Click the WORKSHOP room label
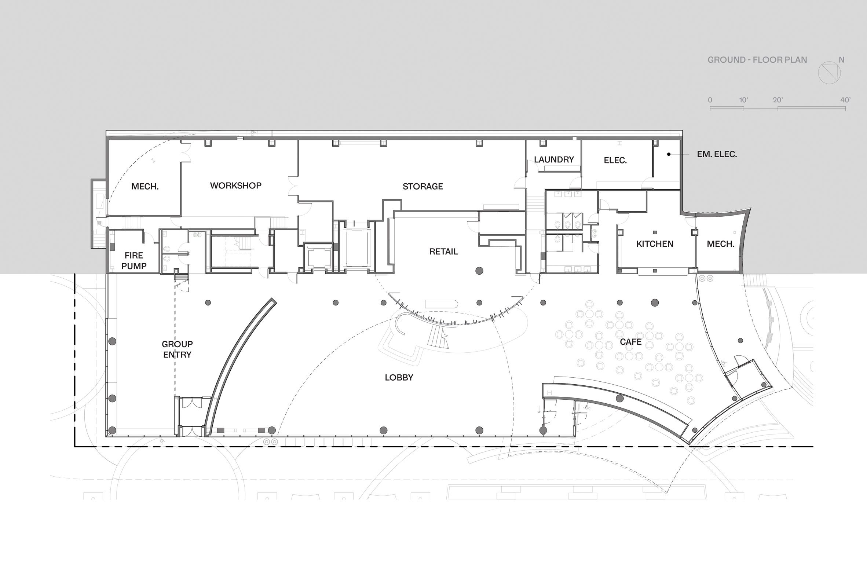tap(235, 186)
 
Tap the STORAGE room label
tap(423, 186)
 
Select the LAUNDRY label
tap(554, 159)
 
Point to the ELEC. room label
tap(615, 160)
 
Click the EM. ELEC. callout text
tap(717, 154)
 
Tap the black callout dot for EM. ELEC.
tap(669, 154)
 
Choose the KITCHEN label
tap(655, 244)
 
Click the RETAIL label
tap(444, 252)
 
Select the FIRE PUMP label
tap(134, 261)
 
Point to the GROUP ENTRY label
tap(177, 349)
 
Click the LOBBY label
tap(399, 377)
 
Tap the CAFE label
tap(631, 342)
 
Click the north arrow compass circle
tap(829, 73)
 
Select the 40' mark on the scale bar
tap(845, 100)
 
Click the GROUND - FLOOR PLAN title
tap(757, 60)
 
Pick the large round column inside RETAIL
tap(479, 271)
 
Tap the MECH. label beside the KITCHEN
tap(721, 244)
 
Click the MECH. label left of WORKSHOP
tap(145, 187)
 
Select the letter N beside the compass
tap(842, 60)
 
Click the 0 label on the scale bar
tap(710, 100)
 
